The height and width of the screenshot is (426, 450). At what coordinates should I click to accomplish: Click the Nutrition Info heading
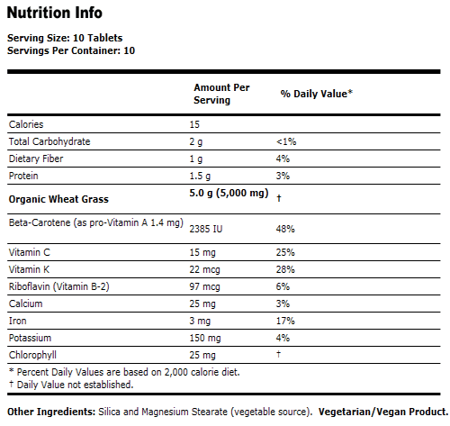tap(55, 14)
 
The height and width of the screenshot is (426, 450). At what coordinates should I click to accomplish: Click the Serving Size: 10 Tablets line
tap(65, 38)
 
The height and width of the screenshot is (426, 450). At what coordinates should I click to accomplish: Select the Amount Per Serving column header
tap(221, 94)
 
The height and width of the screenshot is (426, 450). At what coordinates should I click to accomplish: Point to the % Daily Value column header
tap(316, 93)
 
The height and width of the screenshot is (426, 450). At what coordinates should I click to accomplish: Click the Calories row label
tap(26, 124)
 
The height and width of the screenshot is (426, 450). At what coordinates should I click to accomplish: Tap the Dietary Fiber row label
tap(37, 159)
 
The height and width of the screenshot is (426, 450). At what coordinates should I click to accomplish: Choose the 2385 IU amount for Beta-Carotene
tap(211, 229)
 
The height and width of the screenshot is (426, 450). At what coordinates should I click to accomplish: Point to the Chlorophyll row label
tap(32, 354)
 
